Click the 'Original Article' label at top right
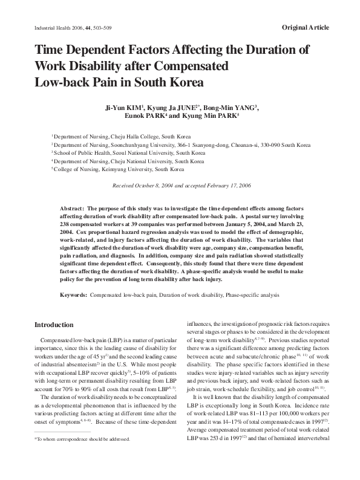coord(305,28)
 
